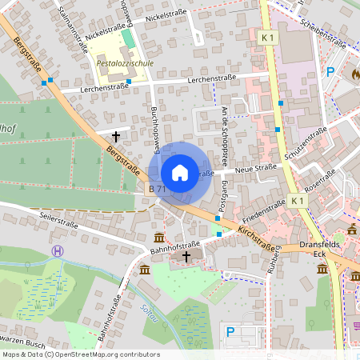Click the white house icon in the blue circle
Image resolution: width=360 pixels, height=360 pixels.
[x=180, y=173]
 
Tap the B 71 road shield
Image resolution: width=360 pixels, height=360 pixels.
[x=157, y=190]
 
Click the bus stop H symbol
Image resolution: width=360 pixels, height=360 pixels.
[x=57, y=251]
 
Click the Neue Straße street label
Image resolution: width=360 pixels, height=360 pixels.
[x=254, y=167]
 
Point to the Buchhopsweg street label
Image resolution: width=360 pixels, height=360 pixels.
[x=156, y=128]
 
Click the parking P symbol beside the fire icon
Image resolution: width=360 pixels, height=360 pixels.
[x=330, y=72]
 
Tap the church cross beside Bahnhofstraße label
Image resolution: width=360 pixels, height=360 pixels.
[x=187, y=257]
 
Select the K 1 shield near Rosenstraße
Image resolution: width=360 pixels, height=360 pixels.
[x=298, y=199]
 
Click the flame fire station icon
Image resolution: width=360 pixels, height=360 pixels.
[x=355, y=72]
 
